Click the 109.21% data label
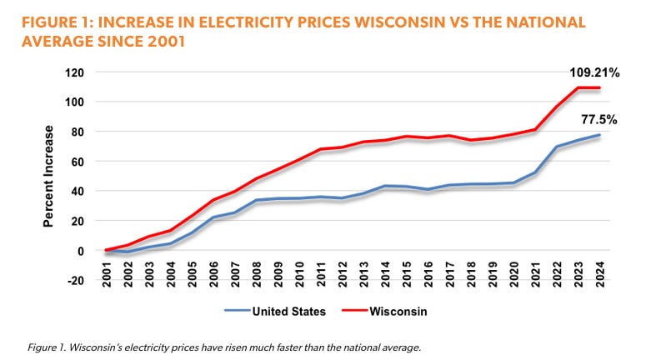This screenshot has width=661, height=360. tap(595, 72)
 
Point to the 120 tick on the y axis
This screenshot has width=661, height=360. tap(81, 72)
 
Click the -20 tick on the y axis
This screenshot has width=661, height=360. tap(81, 281)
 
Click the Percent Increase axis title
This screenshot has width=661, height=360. tap(50, 176)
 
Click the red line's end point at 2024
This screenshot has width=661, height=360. tap(598, 87)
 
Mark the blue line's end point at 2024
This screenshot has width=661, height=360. tap(598, 135)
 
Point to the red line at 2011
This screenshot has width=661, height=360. tap(321, 149)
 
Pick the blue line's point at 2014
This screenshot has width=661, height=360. tap(385, 186)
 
